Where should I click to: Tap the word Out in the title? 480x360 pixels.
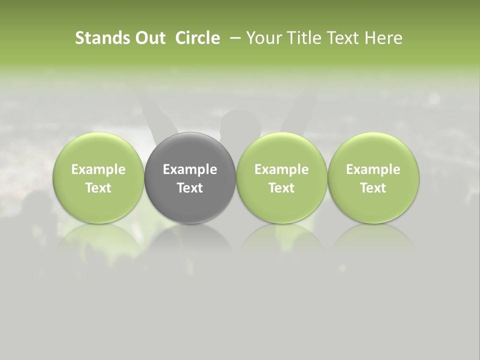point(149,38)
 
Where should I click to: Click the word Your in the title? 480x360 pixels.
point(262,38)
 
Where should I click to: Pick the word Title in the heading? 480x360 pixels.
point(300,38)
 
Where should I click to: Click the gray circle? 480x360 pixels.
point(190,150)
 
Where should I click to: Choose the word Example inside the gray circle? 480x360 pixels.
point(190,169)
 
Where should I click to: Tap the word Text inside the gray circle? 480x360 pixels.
point(190,188)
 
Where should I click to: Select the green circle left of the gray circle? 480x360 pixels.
point(98,150)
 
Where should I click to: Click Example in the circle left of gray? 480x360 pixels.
point(98,169)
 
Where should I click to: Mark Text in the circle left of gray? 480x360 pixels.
point(98,188)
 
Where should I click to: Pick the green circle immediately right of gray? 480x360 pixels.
point(281,150)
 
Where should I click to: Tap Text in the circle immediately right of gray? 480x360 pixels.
point(281,188)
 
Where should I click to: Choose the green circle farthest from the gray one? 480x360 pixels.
point(373,150)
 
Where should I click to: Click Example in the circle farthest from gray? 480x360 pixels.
point(373,169)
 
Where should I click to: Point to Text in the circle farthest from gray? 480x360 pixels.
point(373,188)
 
